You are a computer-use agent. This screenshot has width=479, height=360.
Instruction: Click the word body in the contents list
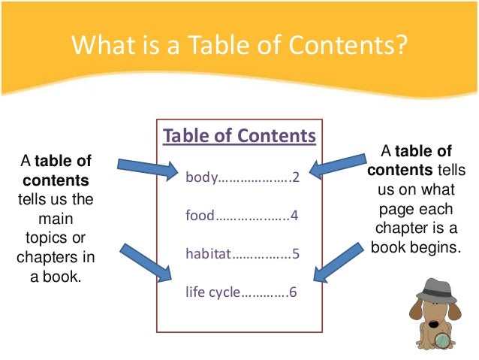click(200, 178)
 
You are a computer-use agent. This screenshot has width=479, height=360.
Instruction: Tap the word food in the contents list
click(200, 216)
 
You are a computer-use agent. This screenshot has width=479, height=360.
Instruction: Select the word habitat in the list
click(209, 253)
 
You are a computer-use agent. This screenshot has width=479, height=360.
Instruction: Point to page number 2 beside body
click(296, 178)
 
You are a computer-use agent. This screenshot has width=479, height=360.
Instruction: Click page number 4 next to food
click(295, 216)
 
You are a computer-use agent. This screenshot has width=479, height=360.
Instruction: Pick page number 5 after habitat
click(296, 253)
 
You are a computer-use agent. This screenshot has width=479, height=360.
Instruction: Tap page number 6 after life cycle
click(293, 291)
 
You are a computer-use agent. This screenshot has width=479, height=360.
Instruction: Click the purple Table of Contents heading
click(239, 136)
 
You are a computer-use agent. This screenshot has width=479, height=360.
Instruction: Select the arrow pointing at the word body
click(147, 168)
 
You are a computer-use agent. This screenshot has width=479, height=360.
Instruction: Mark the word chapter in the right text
click(401, 230)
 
